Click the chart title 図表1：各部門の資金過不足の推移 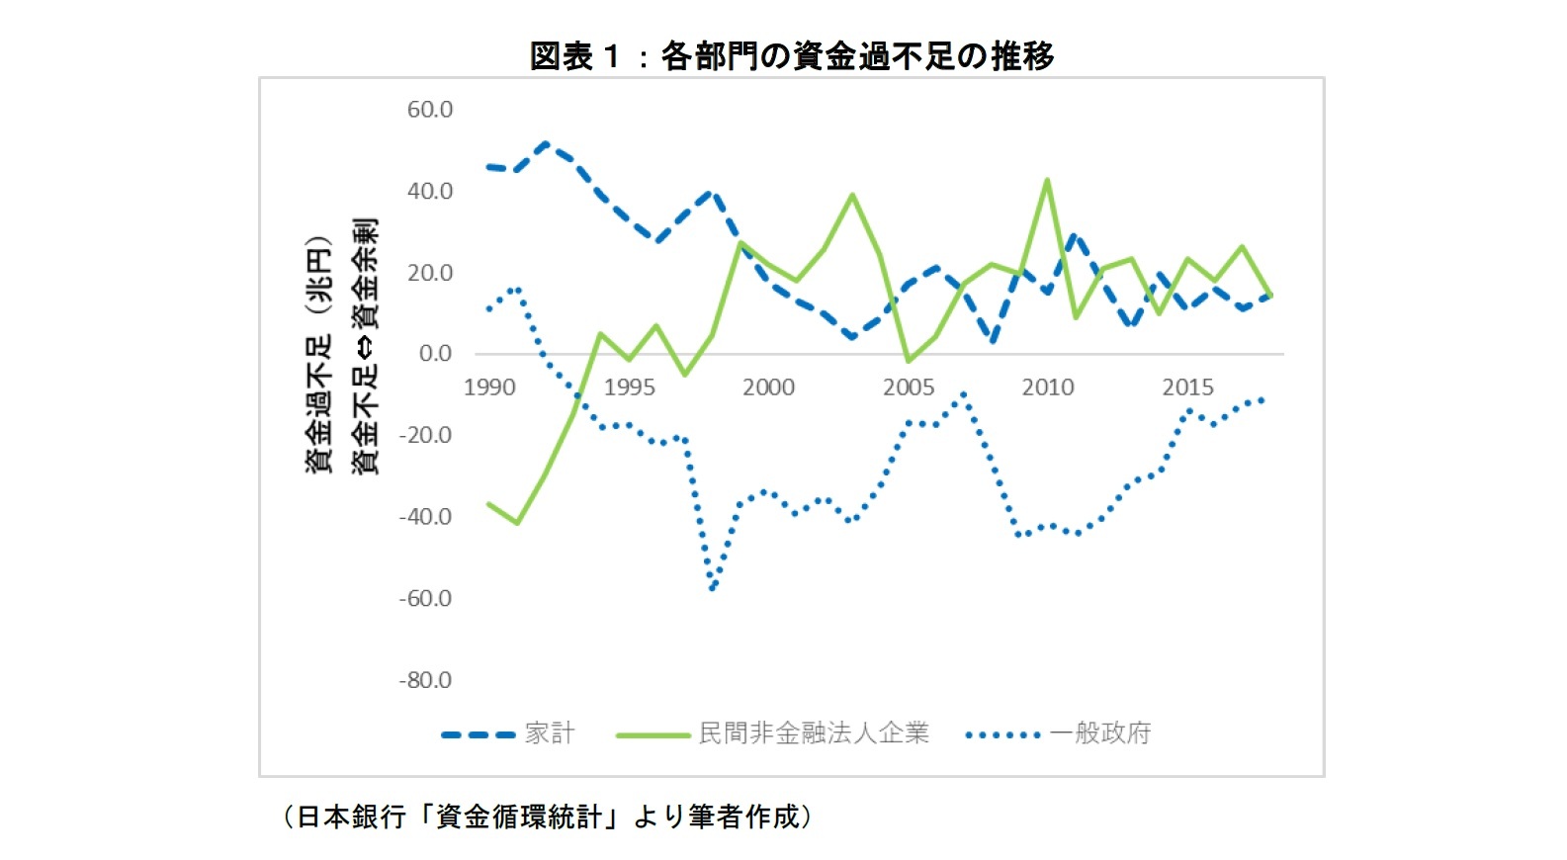pyautogui.click(x=791, y=55)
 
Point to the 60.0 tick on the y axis pyautogui.click(x=429, y=110)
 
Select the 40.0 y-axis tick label pyautogui.click(x=429, y=191)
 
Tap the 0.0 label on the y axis pyautogui.click(x=435, y=354)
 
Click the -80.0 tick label pyautogui.click(x=425, y=680)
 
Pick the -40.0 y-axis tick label pyautogui.click(x=425, y=517)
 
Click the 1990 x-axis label pyautogui.click(x=489, y=387)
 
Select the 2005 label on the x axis pyautogui.click(x=909, y=387)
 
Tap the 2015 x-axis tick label pyautogui.click(x=1187, y=387)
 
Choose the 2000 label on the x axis pyautogui.click(x=768, y=387)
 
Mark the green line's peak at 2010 pyautogui.click(x=1047, y=181)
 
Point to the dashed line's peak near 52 pyautogui.click(x=546, y=143)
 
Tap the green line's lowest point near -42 pyautogui.click(x=517, y=522)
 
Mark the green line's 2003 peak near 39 pyautogui.click(x=852, y=195)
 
